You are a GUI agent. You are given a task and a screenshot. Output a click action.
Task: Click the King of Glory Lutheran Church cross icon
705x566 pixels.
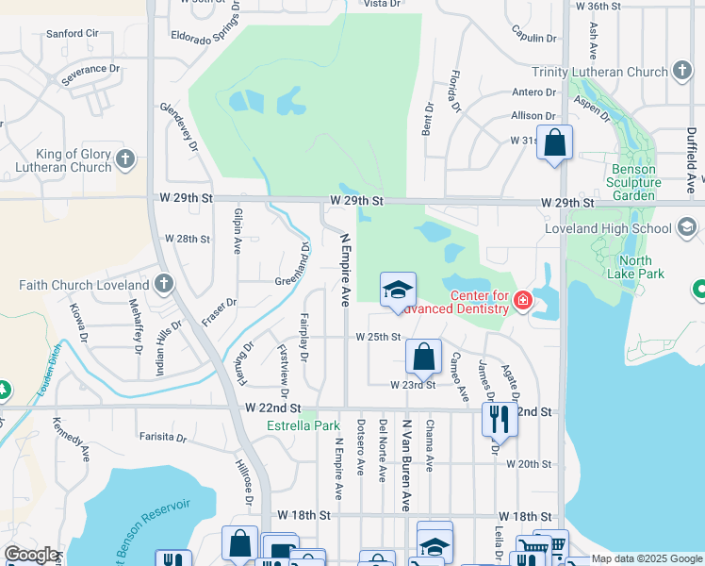coord(126,160)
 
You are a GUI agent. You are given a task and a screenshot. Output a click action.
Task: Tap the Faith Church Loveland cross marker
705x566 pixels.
coord(163,284)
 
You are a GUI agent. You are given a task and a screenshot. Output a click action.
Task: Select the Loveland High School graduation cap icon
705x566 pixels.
coord(686,227)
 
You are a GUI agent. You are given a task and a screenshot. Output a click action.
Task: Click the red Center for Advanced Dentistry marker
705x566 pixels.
coord(523,301)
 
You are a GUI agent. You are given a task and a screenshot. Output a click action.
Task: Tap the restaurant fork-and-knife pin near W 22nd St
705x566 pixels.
coord(499,418)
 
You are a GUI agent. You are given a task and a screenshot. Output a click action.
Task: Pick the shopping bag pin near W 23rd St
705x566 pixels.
coord(423,357)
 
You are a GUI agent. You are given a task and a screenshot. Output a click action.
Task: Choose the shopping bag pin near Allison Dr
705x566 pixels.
coord(554,144)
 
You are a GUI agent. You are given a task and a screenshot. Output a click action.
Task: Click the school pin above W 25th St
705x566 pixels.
coord(398,290)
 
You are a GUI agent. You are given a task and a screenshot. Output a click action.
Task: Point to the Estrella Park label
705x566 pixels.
coord(303,425)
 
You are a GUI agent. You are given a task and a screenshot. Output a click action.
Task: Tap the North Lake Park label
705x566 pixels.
coord(642,267)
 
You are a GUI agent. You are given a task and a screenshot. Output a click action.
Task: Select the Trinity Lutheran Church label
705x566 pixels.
coord(599,72)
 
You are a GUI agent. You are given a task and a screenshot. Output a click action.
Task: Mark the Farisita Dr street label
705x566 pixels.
coord(163,437)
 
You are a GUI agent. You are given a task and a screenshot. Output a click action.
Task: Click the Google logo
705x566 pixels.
coord(31,555)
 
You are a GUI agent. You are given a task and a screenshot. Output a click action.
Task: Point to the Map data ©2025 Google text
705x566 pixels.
coord(646,559)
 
